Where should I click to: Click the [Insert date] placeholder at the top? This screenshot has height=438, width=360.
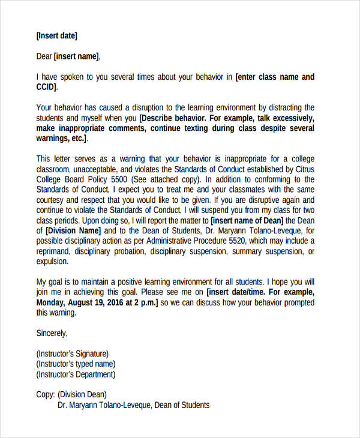point(57,36)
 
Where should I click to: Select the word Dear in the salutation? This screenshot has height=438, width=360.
point(44,56)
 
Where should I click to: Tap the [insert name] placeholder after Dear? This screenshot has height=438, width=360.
point(76,56)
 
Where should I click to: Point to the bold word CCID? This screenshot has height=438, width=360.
point(46,88)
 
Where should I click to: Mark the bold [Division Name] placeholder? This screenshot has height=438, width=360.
point(73,230)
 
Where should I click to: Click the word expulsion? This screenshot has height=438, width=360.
point(53,262)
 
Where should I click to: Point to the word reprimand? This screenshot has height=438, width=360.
point(54,251)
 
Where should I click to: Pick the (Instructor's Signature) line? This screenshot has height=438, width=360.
point(73,353)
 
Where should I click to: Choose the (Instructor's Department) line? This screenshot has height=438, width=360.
point(76,374)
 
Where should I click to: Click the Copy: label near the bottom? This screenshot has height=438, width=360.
point(46,394)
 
